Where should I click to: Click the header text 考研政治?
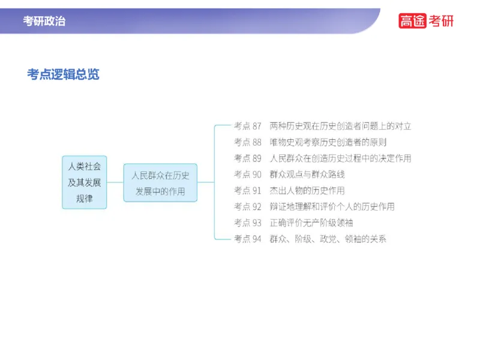click(44, 21)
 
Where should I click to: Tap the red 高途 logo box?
click(412, 20)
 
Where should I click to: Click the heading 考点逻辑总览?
click(63, 74)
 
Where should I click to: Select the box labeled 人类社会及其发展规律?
click(85, 182)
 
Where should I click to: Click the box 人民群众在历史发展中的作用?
click(160, 182)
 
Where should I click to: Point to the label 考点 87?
click(247, 126)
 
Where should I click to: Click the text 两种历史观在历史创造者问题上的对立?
click(340, 126)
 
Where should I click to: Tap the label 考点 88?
click(247, 142)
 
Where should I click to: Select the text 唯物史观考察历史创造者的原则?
click(328, 142)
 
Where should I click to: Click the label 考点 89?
click(247, 158)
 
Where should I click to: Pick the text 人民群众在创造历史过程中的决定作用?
click(340, 158)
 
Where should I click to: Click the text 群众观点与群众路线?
click(307, 175)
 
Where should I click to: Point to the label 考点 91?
click(247, 191)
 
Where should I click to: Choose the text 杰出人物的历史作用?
click(307, 191)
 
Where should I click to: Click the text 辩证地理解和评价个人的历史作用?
click(332, 207)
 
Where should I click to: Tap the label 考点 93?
click(247, 223)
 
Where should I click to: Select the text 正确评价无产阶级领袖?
click(311, 223)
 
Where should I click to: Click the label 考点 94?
click(247, 239)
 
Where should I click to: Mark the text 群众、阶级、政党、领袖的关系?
click(328, 239)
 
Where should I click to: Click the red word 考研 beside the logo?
click(442, 20)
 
